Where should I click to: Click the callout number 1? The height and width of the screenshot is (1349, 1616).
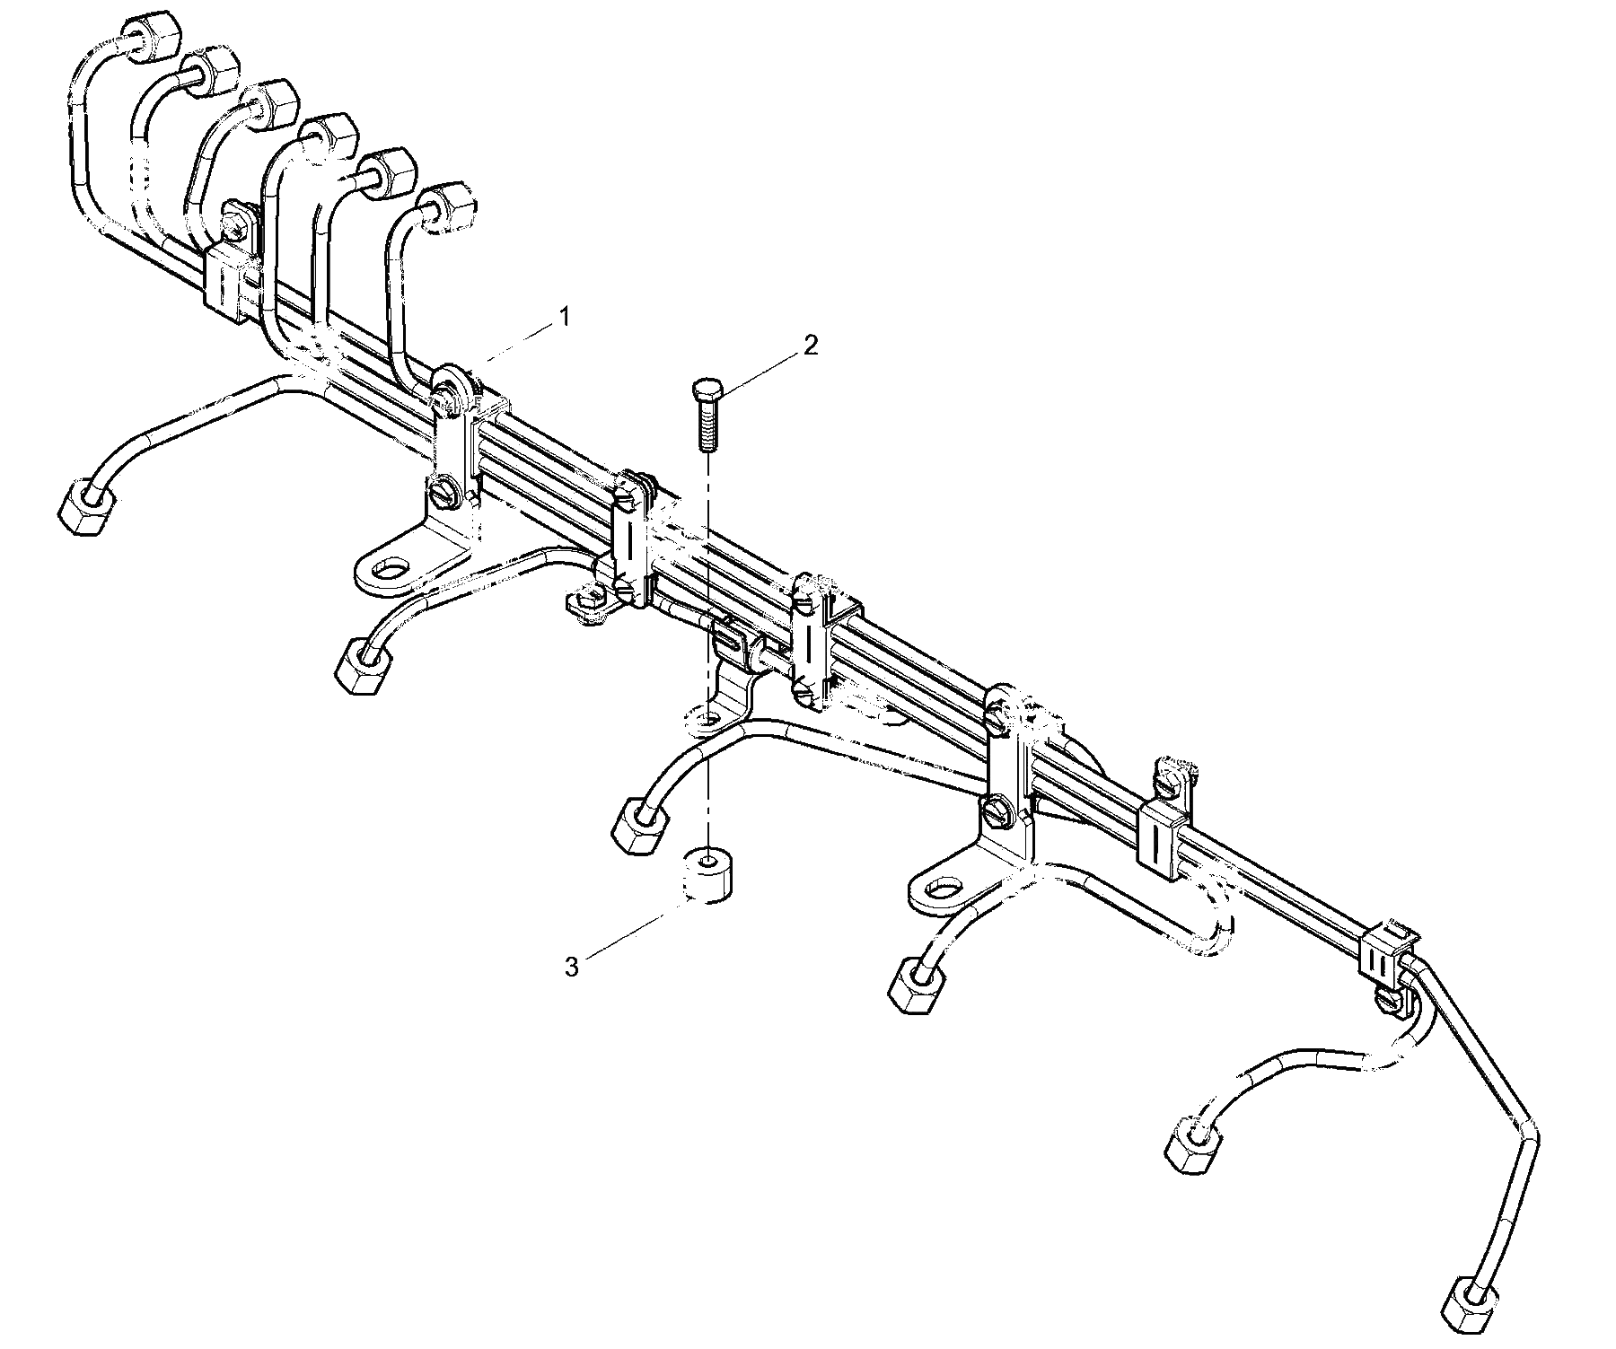point(564,317)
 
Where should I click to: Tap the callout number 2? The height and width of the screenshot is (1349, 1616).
point(811,346)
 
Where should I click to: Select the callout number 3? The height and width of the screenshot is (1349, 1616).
point(572,967)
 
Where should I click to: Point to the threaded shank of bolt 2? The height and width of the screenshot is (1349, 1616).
point(706,425)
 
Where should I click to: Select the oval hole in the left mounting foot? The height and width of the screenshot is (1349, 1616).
point(390,569)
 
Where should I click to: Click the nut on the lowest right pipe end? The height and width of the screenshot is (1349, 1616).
point(1471,1308)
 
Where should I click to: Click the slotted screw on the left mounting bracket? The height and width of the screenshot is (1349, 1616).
point(443,493)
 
